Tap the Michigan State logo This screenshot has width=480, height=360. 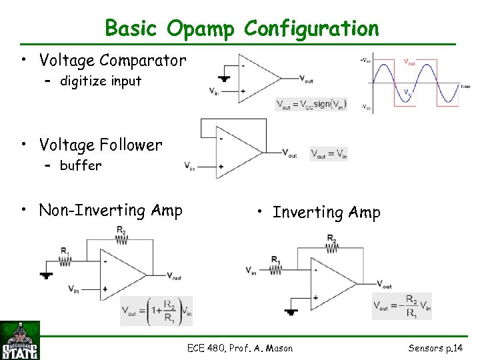click(20, 341)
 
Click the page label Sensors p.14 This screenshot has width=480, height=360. click(435, 348)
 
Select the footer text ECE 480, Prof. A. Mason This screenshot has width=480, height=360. click(240, 348)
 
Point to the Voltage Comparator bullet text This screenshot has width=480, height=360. click(112, 61)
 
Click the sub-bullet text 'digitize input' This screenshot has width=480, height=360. click(101, 81)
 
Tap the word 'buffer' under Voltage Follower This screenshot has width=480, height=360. click(81, 165)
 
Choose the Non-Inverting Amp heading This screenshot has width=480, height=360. click(110, 211)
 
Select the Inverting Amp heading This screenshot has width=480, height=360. click(326, 213)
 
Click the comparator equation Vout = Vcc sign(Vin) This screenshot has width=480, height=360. click(311, 104)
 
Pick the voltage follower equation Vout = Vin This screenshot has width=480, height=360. click(329, 153)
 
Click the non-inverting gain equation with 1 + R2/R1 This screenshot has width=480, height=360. click(156, 311)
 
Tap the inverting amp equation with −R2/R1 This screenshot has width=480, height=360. click(401, 306)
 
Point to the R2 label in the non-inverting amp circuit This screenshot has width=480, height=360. click(121, 231)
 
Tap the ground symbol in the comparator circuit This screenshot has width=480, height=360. click(224, 79)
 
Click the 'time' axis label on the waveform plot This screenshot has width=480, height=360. click(465, 87)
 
